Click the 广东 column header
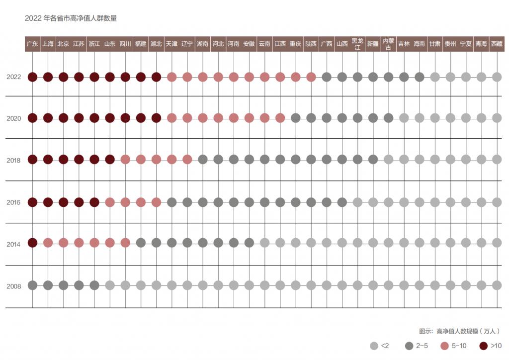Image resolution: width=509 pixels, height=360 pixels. pyautogui.click(x=32, y=44)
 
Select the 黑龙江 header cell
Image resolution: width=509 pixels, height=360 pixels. pyautogui.click(x=357, y=44)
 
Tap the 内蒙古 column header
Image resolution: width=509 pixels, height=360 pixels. pyautogui.click(x=388, y=44)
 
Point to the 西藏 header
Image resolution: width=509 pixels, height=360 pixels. pyautogui.click(x=497, y=44)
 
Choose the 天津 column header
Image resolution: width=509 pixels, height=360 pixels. pyautogui.click(x=171, y=44)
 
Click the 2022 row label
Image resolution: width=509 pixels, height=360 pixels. pyautogui.click(x=14, y=77)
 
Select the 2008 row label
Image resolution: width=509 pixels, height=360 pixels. pyautogui.click(x=14, y=286)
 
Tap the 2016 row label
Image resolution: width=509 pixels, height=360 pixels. pyautogui.click(x=14, y=202)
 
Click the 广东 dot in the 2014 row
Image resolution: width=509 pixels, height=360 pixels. pyautogui.click(x=32, y=243)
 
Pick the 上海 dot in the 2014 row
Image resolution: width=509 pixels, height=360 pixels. pyautogui.click(x=48, y=243)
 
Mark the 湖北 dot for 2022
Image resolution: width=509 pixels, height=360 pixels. pyautogui.click(x=156, y=77)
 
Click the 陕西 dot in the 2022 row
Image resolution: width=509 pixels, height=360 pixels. pyautogui.click(x=311, y=77)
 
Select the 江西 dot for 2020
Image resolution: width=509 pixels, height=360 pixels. pyautogui.click(x=280, y=118)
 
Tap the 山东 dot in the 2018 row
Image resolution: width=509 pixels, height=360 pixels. pyautogui.click(x=110, y=160)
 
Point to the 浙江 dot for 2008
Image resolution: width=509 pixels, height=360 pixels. pyautogui.click(x=94, y=285)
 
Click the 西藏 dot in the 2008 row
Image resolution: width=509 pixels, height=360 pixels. pyautogui.click(x=497, y=285)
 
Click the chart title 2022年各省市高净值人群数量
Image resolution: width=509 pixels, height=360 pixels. pyautogui.click(x=71, y=18)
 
